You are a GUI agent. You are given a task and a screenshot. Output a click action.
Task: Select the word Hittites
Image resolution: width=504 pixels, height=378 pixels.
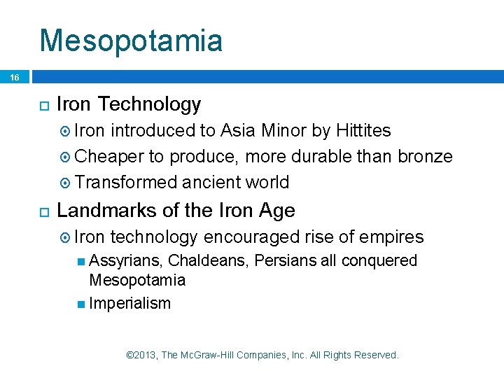point(363,131)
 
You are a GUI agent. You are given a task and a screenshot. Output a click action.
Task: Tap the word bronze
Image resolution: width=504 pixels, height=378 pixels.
point(425,156)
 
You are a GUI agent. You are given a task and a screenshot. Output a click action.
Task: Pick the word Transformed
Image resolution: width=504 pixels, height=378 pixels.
point(126,182)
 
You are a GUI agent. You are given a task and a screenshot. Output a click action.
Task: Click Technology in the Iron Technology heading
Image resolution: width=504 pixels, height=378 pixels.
point(149,105)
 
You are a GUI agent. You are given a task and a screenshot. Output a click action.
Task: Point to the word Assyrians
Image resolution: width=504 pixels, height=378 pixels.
point(127,261)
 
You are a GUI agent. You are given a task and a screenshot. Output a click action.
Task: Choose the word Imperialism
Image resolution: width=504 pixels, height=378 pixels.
point(129,303)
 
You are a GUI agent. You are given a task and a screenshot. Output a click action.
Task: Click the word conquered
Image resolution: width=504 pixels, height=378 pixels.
point(379,261)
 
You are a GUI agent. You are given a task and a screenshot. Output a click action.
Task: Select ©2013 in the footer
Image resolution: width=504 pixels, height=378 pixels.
point(141,355)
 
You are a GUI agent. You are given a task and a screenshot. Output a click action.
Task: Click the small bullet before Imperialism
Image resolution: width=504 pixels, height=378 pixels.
point(81,304)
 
